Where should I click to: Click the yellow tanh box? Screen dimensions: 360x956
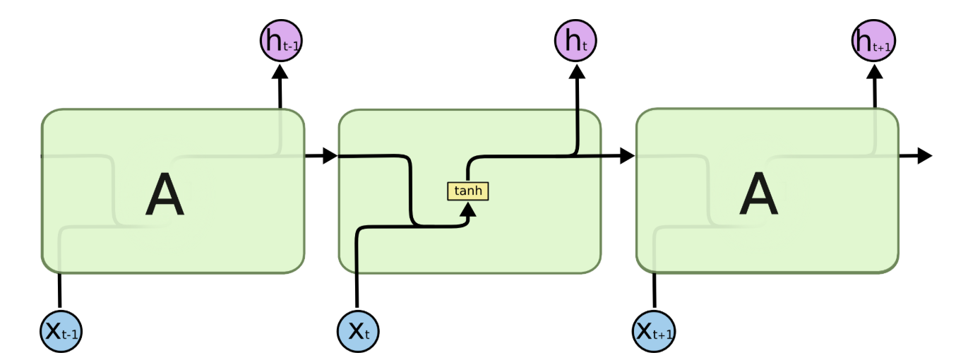point(467,191)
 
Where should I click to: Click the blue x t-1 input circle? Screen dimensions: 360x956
point(61,330)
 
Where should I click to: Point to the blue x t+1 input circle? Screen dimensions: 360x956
point(655,330)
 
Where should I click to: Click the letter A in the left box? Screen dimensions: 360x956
point(165,196)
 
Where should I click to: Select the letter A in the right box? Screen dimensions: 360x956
point(758,196)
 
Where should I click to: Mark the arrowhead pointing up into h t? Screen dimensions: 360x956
point(577,71)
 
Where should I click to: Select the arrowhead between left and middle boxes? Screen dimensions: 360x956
point(330,156)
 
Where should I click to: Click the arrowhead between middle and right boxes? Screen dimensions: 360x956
point(627,156)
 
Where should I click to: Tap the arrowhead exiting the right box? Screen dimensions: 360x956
point(925,156)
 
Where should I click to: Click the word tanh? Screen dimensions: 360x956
point(467,191)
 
